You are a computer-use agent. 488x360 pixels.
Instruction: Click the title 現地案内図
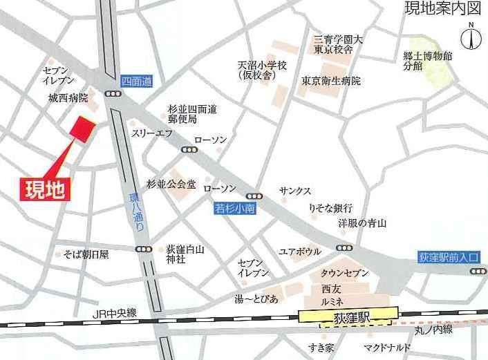click(x=442, y=9)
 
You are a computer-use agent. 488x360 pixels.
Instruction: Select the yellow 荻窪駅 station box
click(x=348, y=315)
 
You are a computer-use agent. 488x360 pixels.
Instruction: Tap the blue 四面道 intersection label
click(x=135, y=81)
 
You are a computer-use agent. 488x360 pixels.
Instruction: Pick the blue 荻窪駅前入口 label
click(x=449, y=256)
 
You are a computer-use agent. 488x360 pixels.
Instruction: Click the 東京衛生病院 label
click(x=331, y=81)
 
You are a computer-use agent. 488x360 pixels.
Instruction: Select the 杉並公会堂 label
click(x=171, y=184)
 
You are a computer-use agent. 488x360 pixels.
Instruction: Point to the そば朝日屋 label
click(x=86, y=254)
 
